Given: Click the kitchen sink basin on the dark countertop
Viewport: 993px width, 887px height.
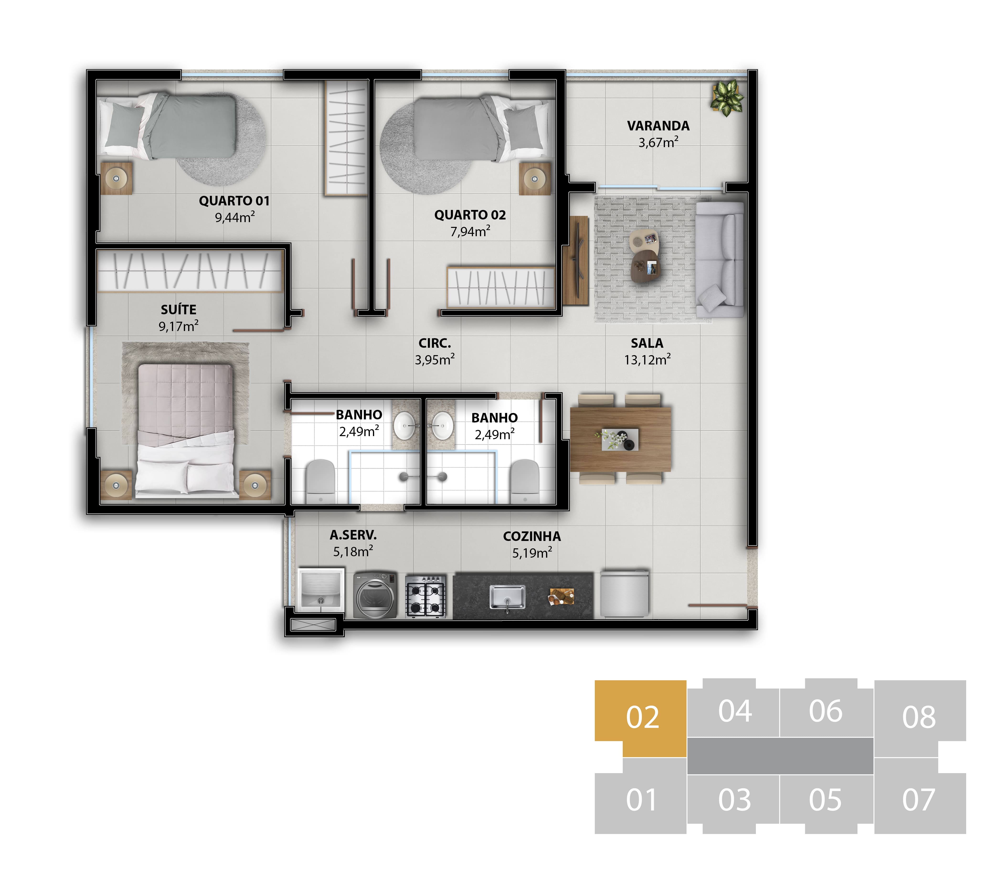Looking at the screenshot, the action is point(507,597).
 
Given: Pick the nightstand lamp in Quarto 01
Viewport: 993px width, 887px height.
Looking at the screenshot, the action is point(116,178).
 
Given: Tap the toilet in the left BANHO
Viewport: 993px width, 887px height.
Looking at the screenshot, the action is point(320,481).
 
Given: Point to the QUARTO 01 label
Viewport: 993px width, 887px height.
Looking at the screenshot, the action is point(234,201).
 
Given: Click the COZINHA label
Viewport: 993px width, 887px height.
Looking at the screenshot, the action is point(532,537).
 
